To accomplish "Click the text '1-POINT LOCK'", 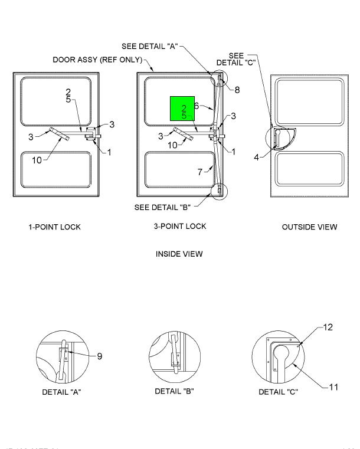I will [x=55, y=227].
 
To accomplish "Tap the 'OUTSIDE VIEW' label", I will [x=310, y=227].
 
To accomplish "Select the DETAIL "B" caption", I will [x=174, y=391].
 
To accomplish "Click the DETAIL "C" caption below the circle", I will [x=279, y=393].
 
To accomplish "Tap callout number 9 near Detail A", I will [x=100, y=356].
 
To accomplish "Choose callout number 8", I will [x=237, y=90].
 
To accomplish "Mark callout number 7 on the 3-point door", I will [x=200, y=171].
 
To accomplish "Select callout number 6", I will [x=196, y=106].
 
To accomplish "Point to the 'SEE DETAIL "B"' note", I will [x=163, y=207].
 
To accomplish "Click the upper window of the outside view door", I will [x=309, y=101].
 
